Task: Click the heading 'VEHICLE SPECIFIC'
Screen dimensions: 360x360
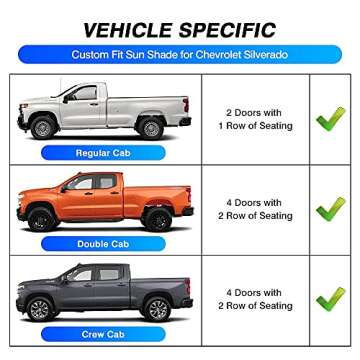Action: [180, 27]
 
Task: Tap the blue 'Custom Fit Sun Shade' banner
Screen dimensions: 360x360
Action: [180, 58]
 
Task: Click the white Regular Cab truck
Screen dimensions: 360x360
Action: [103, 110]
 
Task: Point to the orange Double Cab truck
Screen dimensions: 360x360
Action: [103, 200]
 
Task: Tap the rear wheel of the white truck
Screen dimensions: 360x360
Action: [149, 128]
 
